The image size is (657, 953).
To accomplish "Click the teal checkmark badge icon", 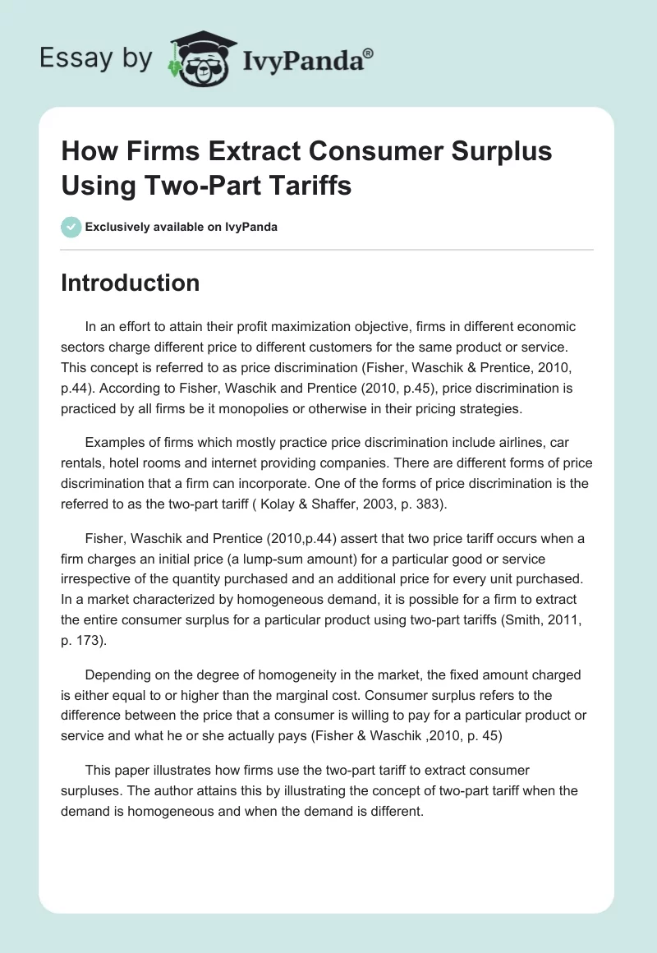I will click(x=71, y=227).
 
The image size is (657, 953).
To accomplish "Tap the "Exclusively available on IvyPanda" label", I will click(x=181, y=227).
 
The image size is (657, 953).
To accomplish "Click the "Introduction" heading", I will click(x=130, y=283).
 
